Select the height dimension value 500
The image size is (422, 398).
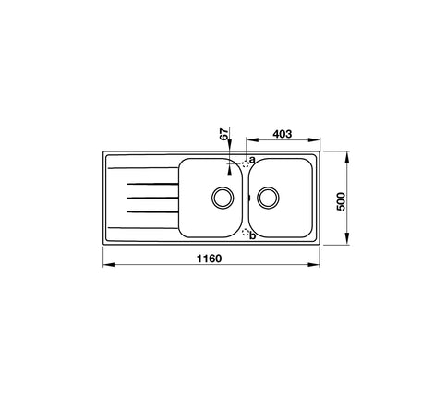click(x=341, y=200)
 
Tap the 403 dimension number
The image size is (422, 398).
click(x=283, y=134)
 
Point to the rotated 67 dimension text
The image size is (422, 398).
click(x=223, y=136)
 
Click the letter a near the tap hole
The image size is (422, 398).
click(x=252, y=160)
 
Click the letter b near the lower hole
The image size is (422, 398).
click(x=253, y=237)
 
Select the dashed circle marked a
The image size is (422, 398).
click(x=246, y=163)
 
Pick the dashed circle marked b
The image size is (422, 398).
click(x=246, y=235)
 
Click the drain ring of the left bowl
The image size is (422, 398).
click(x=221, y=197)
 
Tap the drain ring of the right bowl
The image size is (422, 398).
click(x=268, y=197)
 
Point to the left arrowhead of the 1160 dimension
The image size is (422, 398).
click(x=104, y=266)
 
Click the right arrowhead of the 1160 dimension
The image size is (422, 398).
click(x=318, y=266)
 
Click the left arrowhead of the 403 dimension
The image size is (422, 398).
click(x=248, y=142)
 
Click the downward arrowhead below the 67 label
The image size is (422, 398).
click(x=230, y=148)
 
